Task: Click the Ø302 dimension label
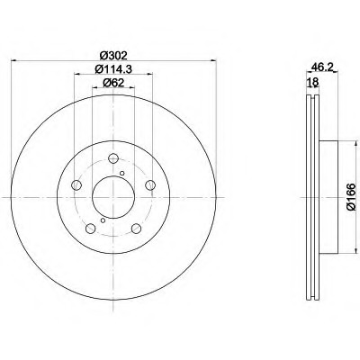[x=113, y=56]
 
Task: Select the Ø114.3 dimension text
[x=113, y=69]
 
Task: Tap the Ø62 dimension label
[x=113, y=83]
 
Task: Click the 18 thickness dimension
[x=312, y=82]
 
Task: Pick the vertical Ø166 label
[x=351, y=197]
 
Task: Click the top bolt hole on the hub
[x=113, y=158]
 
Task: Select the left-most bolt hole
[x=76, y=185]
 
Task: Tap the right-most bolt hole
[x=150, y=185]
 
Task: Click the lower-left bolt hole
[x=90, y=229]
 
